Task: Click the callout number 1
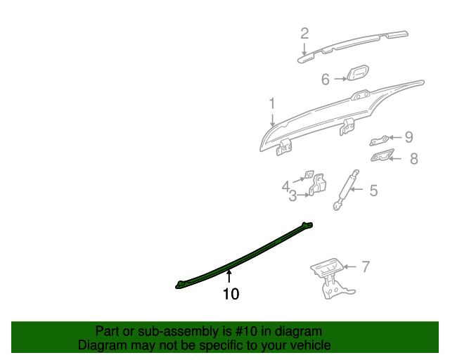click(x=272, y=104)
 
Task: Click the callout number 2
click(x=304, y=33)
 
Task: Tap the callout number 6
click(x=326, y=79)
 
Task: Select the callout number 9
click(x=409, y=137)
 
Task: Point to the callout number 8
click(x=413, y=159)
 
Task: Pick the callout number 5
click(x=373, y=190)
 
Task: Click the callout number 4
click(x=286, y=186)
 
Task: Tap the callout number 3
click(x=292, y=196)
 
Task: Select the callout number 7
click(x=365, y=266)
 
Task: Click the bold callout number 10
click(x=231, y=294)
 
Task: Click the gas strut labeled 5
click(x=346, y=189)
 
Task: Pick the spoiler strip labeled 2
click(x=352, y=44)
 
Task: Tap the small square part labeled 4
click(x=308, y=174)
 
